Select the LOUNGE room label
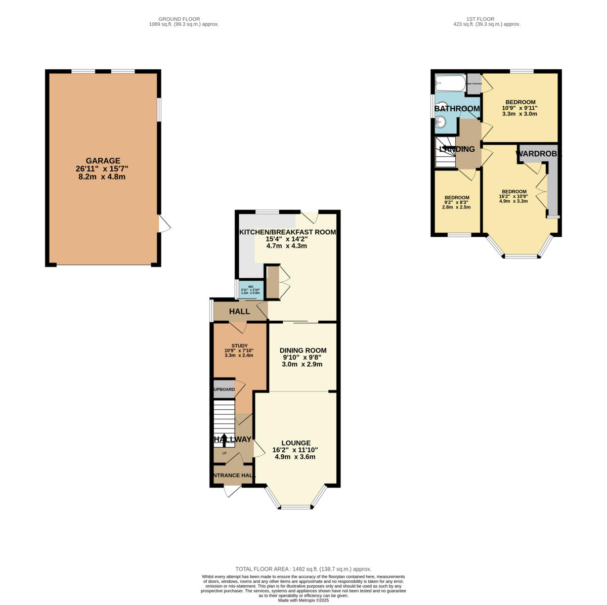point(296,443)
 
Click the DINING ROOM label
point(302,350)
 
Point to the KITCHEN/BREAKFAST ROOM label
point(287,232)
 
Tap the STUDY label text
point(239,346)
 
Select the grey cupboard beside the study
point(224,389)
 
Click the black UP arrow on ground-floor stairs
point(224,439)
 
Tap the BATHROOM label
point(457,108)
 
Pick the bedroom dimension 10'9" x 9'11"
point(519,108)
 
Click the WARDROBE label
point(538,153)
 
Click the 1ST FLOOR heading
point(487,19)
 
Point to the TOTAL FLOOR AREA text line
point(303,569)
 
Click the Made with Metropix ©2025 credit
point(303,600)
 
